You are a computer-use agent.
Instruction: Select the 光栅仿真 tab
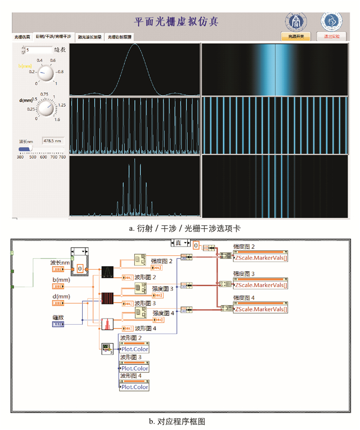click(22, 37)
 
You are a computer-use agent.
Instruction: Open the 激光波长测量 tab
click(90, 37)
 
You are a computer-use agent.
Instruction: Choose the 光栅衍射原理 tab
click(120, 37)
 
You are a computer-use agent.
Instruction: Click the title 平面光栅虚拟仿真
click(176, 22)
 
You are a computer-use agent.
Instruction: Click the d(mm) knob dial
click(46, 108)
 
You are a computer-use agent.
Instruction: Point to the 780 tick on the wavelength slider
click(62, 157)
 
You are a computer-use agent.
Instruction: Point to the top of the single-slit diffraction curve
click(134, 44)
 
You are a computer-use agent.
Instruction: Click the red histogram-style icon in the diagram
click(107, 325)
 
